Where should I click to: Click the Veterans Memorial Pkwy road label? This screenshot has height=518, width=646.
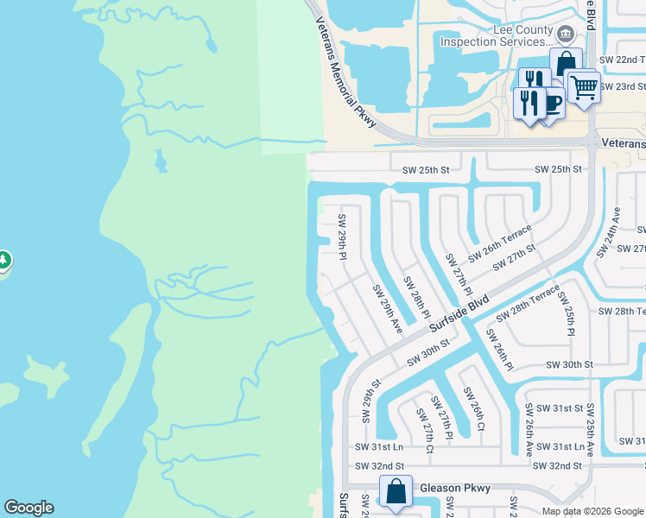346,73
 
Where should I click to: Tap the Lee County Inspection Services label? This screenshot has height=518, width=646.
496,35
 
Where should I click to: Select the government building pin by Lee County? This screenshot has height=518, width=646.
566,35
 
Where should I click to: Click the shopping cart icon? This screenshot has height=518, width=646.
584,85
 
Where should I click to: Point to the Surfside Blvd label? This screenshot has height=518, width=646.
459,313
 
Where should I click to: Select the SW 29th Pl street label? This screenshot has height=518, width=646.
343,237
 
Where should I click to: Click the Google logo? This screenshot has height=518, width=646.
28,508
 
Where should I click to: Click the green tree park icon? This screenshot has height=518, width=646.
3,259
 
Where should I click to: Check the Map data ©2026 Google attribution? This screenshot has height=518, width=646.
592,511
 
